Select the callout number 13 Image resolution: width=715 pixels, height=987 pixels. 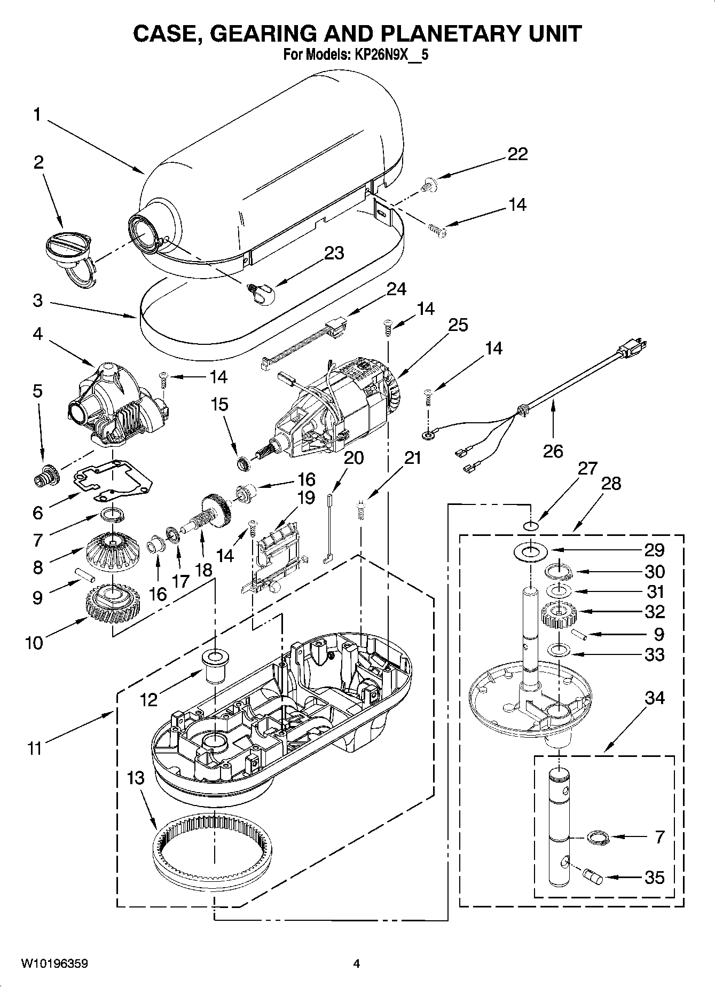pos(136,778)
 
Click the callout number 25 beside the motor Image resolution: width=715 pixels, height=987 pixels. pos(458,325)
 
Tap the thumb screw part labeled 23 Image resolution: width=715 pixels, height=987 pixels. pos(262,292)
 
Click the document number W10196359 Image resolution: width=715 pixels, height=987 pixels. pos(55,964)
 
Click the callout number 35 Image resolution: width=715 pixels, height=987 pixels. pos(655,877)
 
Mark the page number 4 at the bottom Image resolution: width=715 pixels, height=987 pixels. pos(357,964)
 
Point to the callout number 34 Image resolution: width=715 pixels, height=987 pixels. pos(655,698)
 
